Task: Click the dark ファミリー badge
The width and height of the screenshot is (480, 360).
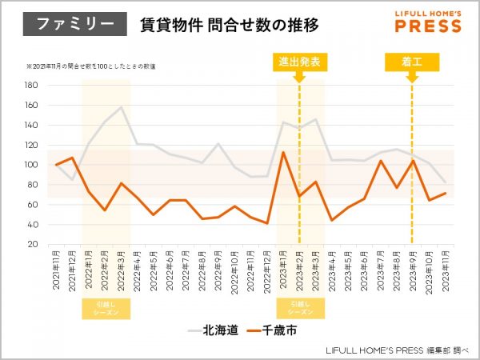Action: (74, 24)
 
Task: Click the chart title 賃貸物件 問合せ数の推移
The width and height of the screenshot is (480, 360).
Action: (229, 25)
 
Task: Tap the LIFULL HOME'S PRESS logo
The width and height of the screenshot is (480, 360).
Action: (428, 22)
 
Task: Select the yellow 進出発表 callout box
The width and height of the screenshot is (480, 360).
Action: (299, 61)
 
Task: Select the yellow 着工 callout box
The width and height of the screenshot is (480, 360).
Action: (412, 61)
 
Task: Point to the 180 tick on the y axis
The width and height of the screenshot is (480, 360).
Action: (31, 85)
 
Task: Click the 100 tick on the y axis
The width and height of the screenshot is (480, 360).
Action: (31, 165)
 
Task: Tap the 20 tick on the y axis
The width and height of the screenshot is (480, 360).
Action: (34, 244)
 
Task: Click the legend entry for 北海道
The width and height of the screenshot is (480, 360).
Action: (213, 329)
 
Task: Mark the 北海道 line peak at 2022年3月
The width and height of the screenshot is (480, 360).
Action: (122, 107)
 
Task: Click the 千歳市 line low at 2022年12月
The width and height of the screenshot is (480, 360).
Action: (266, 223)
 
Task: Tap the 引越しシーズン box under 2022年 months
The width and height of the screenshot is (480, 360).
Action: (106, 309)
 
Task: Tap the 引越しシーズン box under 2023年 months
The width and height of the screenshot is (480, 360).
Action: (299, 309)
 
